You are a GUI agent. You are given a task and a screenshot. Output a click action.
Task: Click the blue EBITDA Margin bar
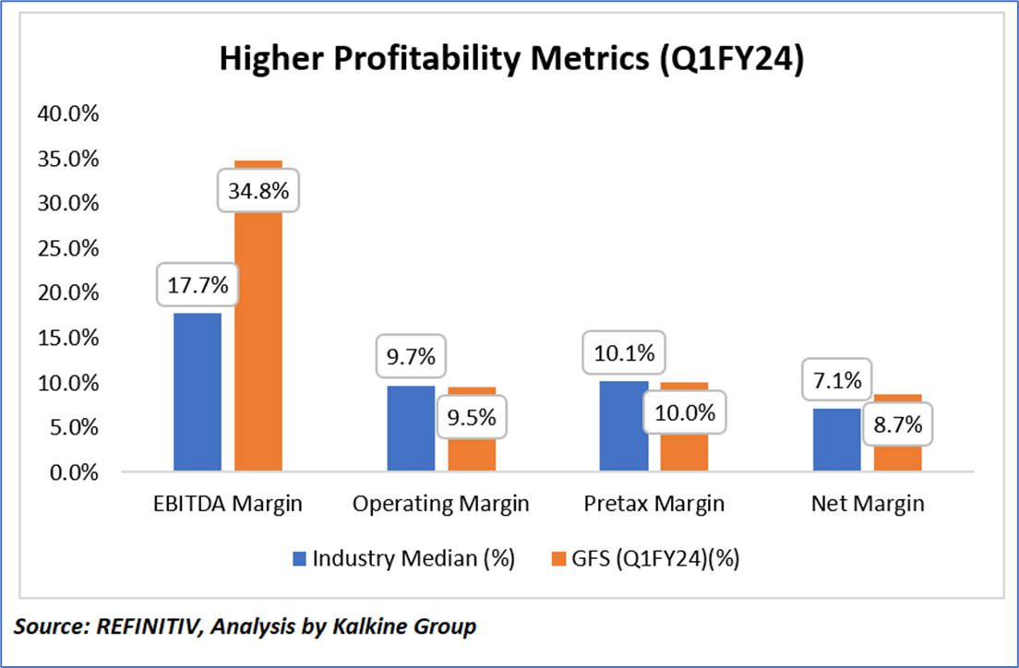click(198, 392)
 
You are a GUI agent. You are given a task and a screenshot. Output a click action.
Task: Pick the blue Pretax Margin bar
click(624, 426)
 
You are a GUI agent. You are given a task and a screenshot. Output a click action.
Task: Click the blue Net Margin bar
click(836, 439)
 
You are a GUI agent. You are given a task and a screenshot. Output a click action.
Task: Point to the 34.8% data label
click(259, 192)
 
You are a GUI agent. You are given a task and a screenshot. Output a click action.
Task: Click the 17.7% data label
click(198, 286)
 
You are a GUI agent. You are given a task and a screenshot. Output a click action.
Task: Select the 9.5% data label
click(473, 417)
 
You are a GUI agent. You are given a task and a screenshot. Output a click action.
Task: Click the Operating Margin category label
click(441, 505)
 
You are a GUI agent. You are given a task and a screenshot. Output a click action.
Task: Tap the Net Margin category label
click(868, 505)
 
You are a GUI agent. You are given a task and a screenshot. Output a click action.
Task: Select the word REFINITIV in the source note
click(146, 627)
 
